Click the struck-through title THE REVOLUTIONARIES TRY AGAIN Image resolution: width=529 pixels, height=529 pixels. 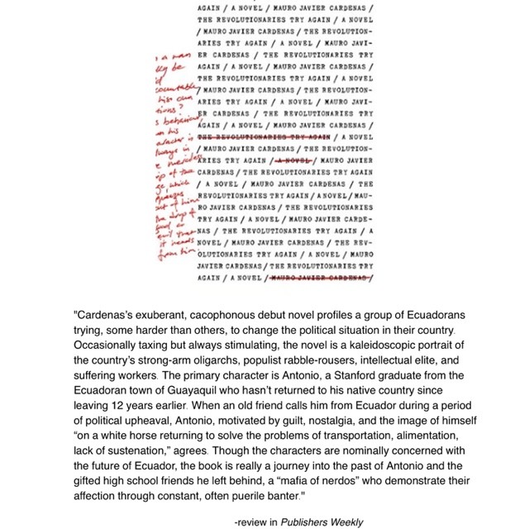[x=264, y=136]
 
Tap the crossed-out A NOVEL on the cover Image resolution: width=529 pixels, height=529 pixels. [x=294, y=160]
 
